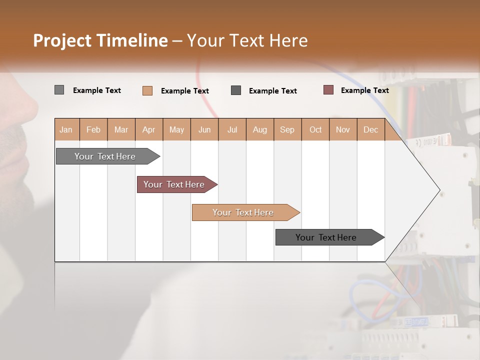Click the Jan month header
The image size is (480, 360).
pos(66,129)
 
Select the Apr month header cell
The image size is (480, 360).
pos(149,129)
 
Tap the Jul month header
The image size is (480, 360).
pos(232,129)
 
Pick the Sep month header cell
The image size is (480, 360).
pos(287,129)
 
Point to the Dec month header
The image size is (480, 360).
pos(371,129)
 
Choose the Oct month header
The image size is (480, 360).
pos(315,129)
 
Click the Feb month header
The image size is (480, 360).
pos(93,129)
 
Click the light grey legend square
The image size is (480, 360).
pos(59,90)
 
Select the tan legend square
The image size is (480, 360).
pos(147,90)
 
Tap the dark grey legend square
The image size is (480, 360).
pos(236,90)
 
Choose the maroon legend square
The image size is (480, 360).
pos(328,90)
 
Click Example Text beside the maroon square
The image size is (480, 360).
pos(364,90)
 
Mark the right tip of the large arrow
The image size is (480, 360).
pos(439,190)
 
